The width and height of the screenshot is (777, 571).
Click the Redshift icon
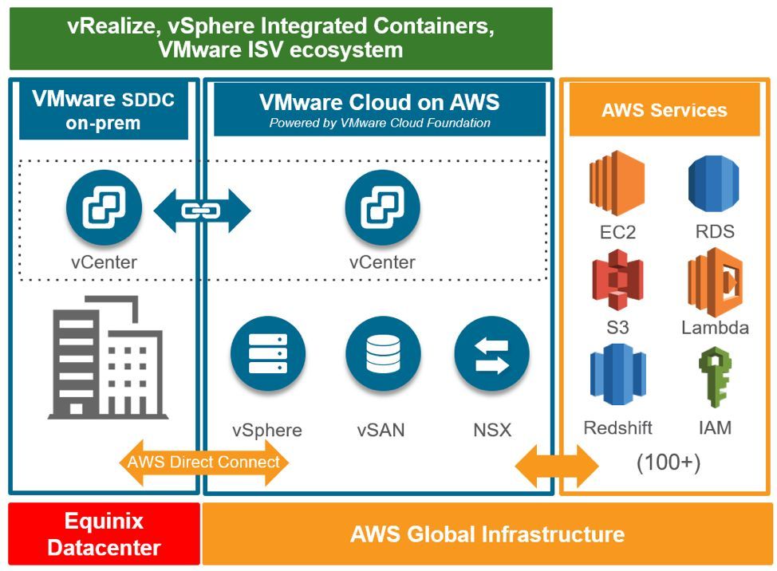click(x=616, y=375)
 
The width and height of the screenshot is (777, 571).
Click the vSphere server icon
click(x=267, y=354)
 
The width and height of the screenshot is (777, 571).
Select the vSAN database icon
click(x=382, y=354)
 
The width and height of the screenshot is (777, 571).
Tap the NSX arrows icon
click(x=491, y=354)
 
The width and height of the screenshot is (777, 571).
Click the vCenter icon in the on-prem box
click(x=104, y=209)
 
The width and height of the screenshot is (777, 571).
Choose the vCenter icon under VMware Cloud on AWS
click(x=382, y=209)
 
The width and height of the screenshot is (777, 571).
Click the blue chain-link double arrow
click(x=202, y=211)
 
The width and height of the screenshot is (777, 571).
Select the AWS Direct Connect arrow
click(x=204, y=462)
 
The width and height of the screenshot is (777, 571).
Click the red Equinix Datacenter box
click(x=104, y=534)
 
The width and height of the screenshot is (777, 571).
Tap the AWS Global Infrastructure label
click(x=487, y=534)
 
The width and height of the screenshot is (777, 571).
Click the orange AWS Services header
click(x=664, y=110)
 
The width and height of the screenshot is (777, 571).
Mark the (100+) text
click(x=668, y=463)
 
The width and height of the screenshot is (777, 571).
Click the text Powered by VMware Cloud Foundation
click(x=380, y=123)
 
